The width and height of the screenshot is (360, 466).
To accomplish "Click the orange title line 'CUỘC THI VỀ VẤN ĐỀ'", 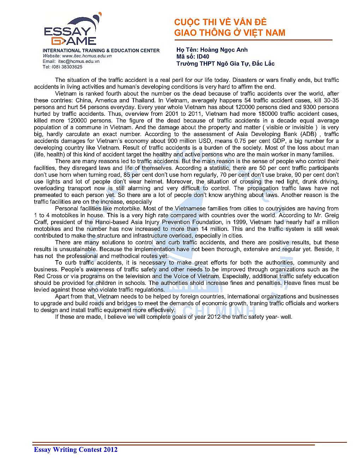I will pos(220,22).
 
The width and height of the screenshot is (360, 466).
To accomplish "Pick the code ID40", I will pos(203,56).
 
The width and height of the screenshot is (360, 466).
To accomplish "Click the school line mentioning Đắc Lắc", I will pos(225,64).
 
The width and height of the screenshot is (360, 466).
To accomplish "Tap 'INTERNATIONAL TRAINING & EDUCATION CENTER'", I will pos(101,50).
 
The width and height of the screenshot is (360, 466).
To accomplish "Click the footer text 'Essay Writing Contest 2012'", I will pos(76,450).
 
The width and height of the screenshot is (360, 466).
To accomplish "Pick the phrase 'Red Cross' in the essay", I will pos(47,276).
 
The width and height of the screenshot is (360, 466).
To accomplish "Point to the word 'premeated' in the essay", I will pos(49,195).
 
